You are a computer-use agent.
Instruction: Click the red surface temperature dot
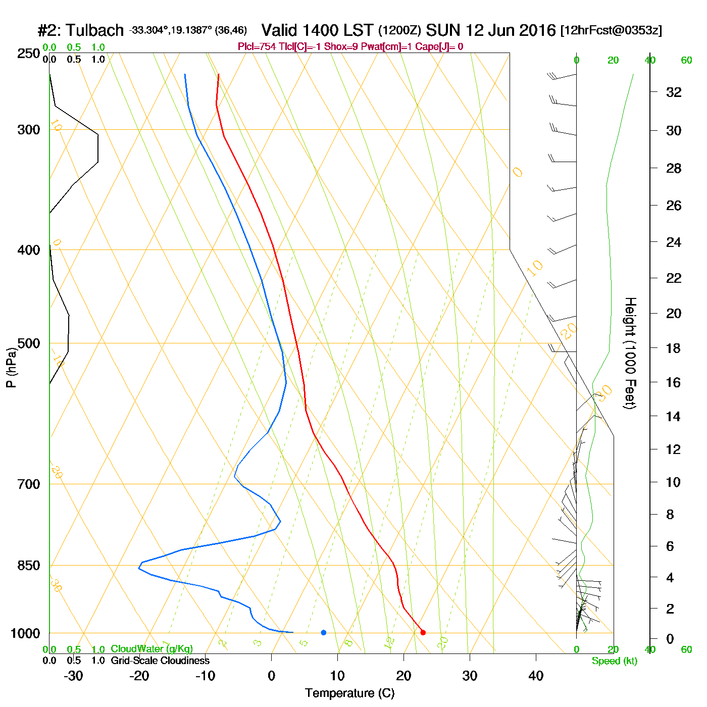click(x=423, y=632)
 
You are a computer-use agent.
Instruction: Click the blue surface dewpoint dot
click(x=324, y=632)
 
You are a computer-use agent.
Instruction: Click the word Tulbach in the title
click(x=94, y=30)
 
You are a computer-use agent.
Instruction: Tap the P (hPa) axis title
click(x=11, y=367)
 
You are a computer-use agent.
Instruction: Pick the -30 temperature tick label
click(x=73, y=676)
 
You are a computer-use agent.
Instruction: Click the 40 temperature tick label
click(x=536, y=676)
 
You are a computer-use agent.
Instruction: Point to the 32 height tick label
click(x=674, y=92)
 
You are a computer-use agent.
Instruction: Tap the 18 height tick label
click(x=674, y=348)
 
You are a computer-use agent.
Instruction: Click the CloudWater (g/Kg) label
click(x=151, y=649)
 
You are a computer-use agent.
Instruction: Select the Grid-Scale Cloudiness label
click(x=160, y=661)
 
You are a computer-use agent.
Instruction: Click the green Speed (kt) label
click(x=615, y=661)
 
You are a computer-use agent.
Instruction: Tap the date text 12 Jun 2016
click(x=511, y=30)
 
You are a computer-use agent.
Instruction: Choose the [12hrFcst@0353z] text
click(x=611, y=30)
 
